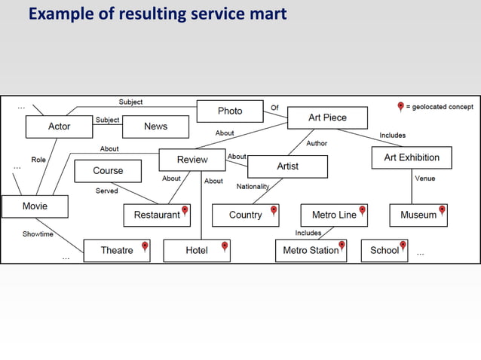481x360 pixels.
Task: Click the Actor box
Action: tap(59, 127)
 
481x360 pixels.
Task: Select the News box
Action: tap(155, 127)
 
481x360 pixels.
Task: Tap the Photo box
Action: tap(230, 111)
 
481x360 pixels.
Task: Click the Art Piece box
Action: tap(327, 117)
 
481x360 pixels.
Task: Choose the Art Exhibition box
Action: tap(411, 157)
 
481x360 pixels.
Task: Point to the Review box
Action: tap(192, 160)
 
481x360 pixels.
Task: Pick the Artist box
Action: tap(287, 166)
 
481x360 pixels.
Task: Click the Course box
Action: tap(108, 171)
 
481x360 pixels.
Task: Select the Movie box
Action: tap(35, 206)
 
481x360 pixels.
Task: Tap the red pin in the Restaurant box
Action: tap(185, 212)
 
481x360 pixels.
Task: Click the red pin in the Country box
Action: tap(274, 212)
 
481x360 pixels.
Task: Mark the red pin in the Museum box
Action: tap(442, 212)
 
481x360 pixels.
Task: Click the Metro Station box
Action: tap(311, 251)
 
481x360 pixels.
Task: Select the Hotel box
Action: tap(197, 251)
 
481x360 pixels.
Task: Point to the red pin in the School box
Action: tap(403, 246)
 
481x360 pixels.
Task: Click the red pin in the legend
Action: tap(400, 107)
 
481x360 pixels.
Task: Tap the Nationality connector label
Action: tap(253, 186)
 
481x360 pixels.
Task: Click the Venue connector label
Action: tap(424, 178)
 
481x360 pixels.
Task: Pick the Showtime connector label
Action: tap(38, 234)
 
